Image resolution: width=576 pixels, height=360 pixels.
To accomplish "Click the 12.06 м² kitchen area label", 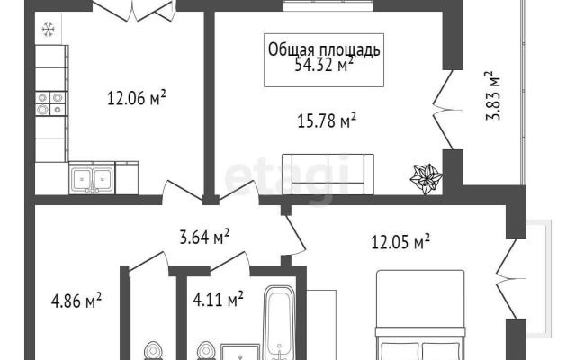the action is coord(136,98).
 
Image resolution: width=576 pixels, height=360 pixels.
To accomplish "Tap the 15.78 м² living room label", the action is coord(327,121).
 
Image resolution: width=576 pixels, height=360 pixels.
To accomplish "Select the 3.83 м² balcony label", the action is coord(492,95).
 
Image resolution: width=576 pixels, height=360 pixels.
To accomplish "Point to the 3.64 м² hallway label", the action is coord(204,237).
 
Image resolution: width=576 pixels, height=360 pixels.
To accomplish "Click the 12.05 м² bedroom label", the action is coord(400,242).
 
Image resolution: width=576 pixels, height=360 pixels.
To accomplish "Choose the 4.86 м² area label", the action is coord(76,301).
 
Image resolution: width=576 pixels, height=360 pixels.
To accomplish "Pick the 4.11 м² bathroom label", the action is coord(218,299).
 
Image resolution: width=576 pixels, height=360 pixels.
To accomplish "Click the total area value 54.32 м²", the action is coord(324,66).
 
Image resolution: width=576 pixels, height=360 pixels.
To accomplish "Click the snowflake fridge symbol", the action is coord(48,30).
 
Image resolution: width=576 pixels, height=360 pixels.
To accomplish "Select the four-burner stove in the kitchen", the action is coord(50,103).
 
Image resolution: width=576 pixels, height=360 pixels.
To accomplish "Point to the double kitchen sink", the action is coord(92,179).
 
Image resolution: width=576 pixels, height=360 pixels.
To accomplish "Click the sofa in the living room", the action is coord(328,174).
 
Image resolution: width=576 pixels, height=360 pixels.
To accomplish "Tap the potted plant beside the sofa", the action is coord(426,179).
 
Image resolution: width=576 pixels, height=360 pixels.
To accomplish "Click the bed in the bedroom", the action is coord(420,315).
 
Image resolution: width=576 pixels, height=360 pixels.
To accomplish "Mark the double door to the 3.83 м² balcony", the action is coord(446,110).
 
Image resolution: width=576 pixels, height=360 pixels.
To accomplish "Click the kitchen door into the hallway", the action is coord(182,191).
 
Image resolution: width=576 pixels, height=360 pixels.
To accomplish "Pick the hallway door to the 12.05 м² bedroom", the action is coord(294,235).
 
